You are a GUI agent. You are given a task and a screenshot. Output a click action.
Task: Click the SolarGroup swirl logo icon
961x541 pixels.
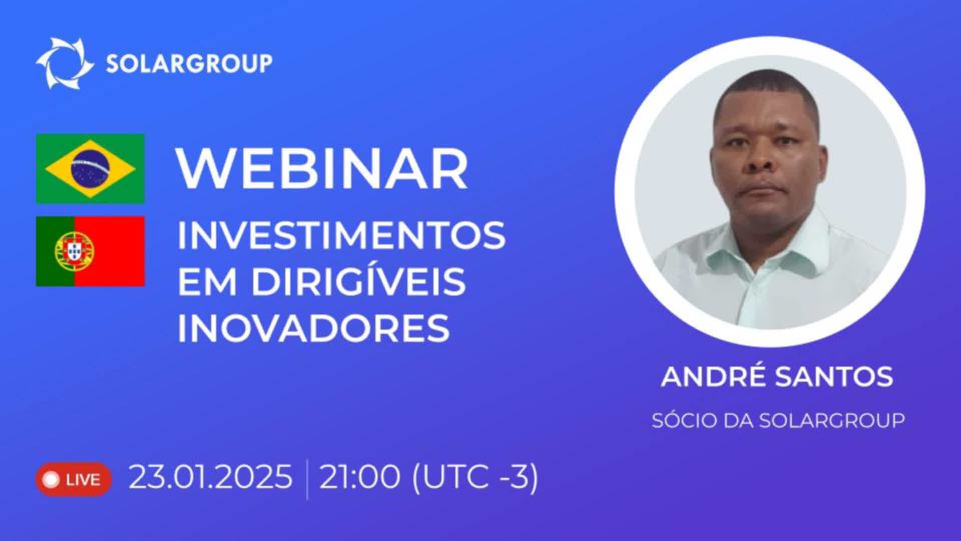point(65,63)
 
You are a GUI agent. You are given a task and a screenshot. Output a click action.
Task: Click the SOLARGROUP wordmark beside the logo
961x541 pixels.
point(189,64)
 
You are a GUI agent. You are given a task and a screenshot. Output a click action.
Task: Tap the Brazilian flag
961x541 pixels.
point(90,169)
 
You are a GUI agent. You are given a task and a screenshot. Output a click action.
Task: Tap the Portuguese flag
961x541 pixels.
point(90,251)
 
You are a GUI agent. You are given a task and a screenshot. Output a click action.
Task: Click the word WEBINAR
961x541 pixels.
point(323,169)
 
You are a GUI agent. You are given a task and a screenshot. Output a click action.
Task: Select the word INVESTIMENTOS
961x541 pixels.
point(342,235)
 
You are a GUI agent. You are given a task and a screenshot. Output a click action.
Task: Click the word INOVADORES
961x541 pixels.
point(314,328)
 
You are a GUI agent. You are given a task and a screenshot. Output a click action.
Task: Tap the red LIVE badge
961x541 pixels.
point(73,479)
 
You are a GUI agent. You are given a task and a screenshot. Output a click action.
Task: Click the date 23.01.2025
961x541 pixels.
point(211,476)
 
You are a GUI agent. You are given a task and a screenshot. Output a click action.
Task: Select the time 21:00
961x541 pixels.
point(360,476)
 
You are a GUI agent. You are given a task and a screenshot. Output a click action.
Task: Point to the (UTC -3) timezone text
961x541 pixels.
point(475,476)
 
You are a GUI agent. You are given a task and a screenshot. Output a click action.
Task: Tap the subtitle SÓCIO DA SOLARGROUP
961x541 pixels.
point(778,420)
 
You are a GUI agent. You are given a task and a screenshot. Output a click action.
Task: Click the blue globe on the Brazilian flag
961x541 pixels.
point(90,169)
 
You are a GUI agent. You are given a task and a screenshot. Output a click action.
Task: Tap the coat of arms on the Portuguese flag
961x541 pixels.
point(75,251)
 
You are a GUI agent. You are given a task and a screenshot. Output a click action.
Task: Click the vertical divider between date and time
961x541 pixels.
point(306,479)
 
